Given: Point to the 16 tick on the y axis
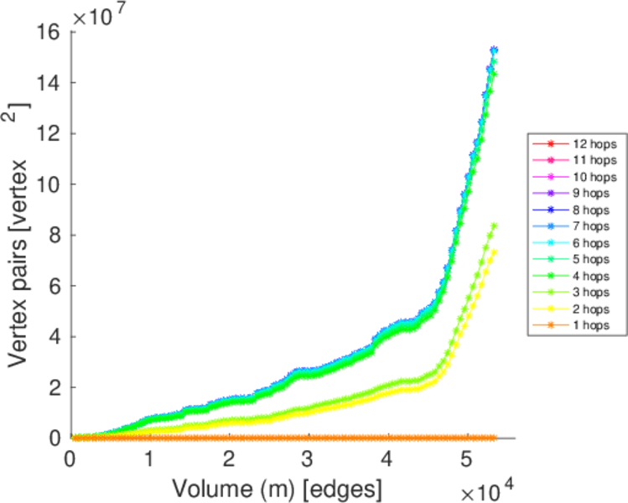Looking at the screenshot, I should coord(47,32).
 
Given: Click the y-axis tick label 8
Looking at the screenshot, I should coord(53,236).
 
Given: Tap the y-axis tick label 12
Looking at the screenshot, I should coord(47,134).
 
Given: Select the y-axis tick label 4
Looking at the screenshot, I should coord(53,337).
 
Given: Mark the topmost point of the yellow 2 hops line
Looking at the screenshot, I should coord(494,251).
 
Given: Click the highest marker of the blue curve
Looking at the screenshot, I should coord(494,50).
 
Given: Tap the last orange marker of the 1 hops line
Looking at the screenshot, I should coord(494,438).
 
